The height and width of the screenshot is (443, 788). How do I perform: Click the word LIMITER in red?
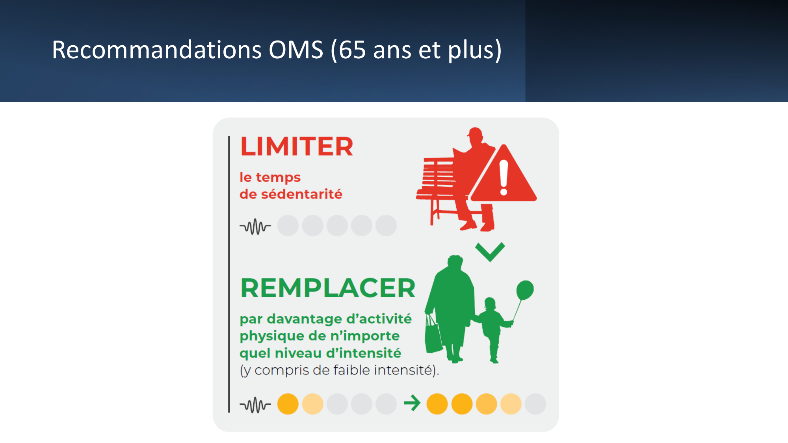click(297, 146)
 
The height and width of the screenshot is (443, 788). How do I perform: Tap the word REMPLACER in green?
click(328, 288)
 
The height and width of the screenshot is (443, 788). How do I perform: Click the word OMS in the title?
click(296, 50)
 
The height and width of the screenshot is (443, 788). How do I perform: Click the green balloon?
click(525, 290)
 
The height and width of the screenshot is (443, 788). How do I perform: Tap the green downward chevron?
click(490, 252)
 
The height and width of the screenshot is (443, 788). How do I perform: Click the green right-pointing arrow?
click(413, 403)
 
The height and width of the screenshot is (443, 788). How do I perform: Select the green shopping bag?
click(433, 334)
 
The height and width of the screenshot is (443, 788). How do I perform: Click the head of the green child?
click(490, 304)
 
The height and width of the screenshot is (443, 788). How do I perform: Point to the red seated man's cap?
click(475, 132)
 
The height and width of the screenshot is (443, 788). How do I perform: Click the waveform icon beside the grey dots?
click(255, 226)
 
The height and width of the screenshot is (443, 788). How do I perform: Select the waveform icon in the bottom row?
click(255, 405)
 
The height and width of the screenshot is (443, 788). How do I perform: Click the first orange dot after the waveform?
click(288, 404)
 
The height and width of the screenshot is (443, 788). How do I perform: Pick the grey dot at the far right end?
click(535, 404)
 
